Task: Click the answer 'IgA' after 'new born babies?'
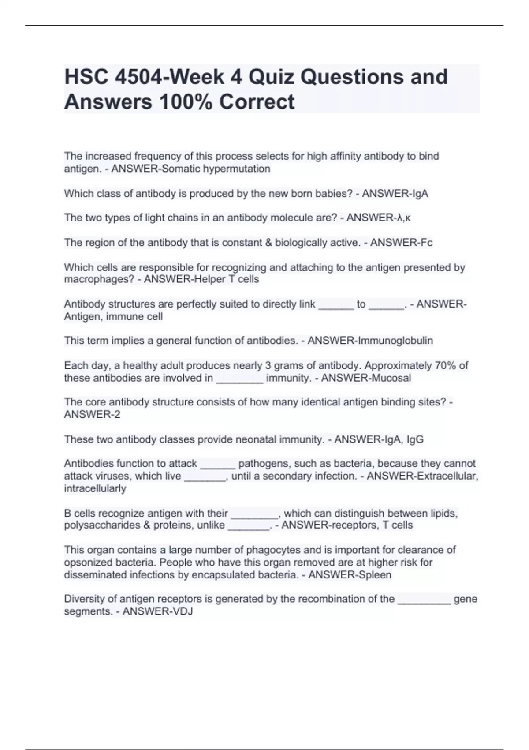(x=419, y=193)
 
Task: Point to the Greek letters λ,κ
(x=404, y=217)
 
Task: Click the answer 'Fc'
(x=426, y=242)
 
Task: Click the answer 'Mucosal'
(x=392, y=378)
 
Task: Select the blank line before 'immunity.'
(x=240, y=379)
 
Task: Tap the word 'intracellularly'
(x=95, y=488)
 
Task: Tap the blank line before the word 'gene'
(x=424, y=600)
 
